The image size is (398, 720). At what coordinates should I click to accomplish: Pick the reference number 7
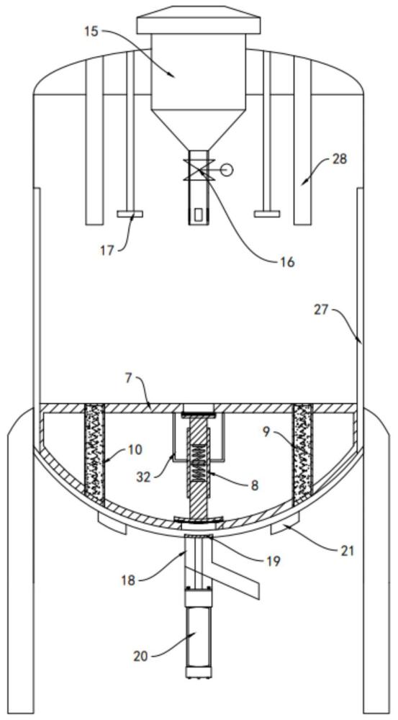click(128, 379)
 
